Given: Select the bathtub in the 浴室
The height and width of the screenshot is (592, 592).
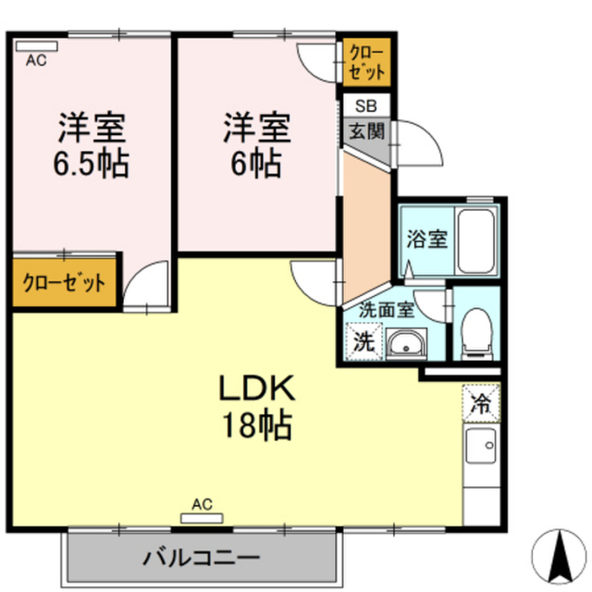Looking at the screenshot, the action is click(x=475, y=240).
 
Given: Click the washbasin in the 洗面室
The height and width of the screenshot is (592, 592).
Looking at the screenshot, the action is click(x=406, y=343).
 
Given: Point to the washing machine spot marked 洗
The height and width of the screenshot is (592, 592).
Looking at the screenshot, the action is click(x=364, y=341).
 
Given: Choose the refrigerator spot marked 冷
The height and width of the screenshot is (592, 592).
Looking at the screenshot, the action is click(x=481, y=403).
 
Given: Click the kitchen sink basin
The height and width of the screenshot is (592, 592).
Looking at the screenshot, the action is click(x=481, y=446).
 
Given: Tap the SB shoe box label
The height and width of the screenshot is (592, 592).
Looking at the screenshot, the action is click(x=366, y=106).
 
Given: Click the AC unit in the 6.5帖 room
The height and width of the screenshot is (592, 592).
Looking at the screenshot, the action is click(x=37, y=46).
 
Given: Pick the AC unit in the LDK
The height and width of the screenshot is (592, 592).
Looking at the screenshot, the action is click(x=202, y=518).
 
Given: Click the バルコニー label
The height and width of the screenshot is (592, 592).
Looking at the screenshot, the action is click(x=202, y=558).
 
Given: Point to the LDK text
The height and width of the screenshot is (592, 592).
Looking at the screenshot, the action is click(x=257, y=388).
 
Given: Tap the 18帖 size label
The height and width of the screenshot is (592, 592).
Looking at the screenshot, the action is click(x=257, y=425).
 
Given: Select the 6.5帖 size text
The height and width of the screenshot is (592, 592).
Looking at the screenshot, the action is click(x=92, y=164).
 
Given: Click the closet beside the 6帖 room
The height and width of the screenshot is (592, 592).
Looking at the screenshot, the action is click(x=366, y=62).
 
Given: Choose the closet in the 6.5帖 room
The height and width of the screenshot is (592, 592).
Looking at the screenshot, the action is click(x=64, y=282).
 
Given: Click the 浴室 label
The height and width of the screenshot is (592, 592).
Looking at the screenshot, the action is click(x=427, y=239).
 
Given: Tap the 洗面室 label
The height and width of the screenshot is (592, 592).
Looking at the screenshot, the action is click(x=387, y=311).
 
